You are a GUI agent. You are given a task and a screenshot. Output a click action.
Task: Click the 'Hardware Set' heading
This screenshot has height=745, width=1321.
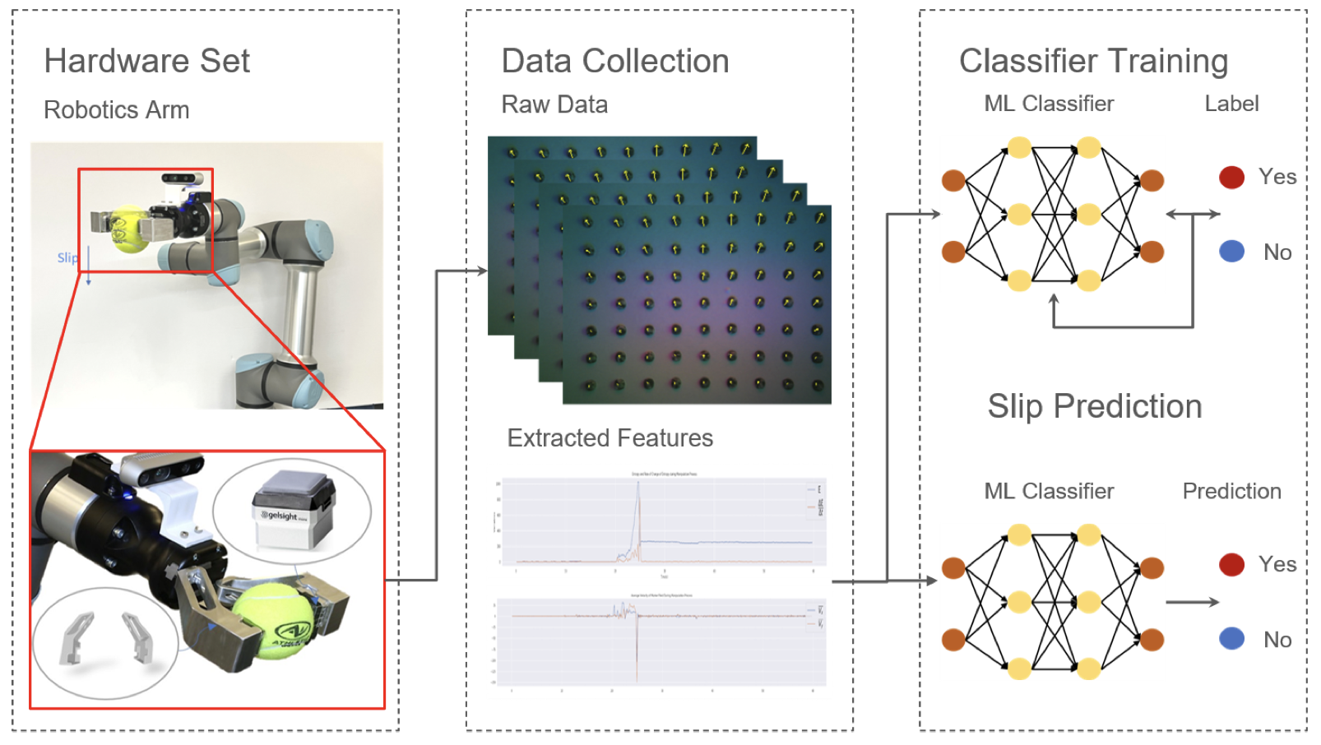pos(146,61)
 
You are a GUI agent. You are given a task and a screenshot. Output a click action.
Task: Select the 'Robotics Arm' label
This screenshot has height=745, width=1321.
pos(116,109)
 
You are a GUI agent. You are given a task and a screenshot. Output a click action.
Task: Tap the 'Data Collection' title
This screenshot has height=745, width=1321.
pos(614,61)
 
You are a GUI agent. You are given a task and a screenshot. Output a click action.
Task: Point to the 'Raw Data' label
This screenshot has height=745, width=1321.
pos(554,104)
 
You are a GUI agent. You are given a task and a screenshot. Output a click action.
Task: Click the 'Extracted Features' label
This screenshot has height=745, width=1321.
pos(610,438)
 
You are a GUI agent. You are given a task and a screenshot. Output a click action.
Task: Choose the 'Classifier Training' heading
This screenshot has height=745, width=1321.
pos(1093,61)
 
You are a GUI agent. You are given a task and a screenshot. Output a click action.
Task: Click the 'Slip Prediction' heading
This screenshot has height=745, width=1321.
pos(1094,406)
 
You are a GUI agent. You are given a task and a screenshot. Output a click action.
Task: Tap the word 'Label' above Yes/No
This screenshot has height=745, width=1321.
pos(1231,104)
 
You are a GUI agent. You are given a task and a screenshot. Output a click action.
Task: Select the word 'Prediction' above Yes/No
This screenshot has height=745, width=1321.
pos(1231,491)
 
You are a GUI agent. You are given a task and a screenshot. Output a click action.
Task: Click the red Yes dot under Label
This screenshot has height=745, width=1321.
pos(1231,177)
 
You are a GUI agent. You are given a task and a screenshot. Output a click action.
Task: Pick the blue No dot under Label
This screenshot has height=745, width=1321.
pos(1231,252)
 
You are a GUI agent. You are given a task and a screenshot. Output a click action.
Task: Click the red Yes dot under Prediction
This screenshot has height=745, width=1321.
pos(1231,564)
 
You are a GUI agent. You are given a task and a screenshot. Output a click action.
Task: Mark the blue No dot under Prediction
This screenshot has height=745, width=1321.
pos(1231,639)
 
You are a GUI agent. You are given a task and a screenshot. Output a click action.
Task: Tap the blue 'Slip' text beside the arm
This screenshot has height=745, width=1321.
pos(67,257)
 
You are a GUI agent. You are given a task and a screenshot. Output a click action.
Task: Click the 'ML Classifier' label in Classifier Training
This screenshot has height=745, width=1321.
pos(1049,104)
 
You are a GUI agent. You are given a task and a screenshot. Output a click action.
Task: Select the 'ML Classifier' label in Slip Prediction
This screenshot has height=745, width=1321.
pos(1049,491)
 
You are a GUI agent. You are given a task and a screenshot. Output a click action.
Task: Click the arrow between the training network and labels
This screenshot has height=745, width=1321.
pos(1192,215)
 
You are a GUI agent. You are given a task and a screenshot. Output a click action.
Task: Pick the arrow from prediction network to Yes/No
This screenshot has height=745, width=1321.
pos(1192,602)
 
